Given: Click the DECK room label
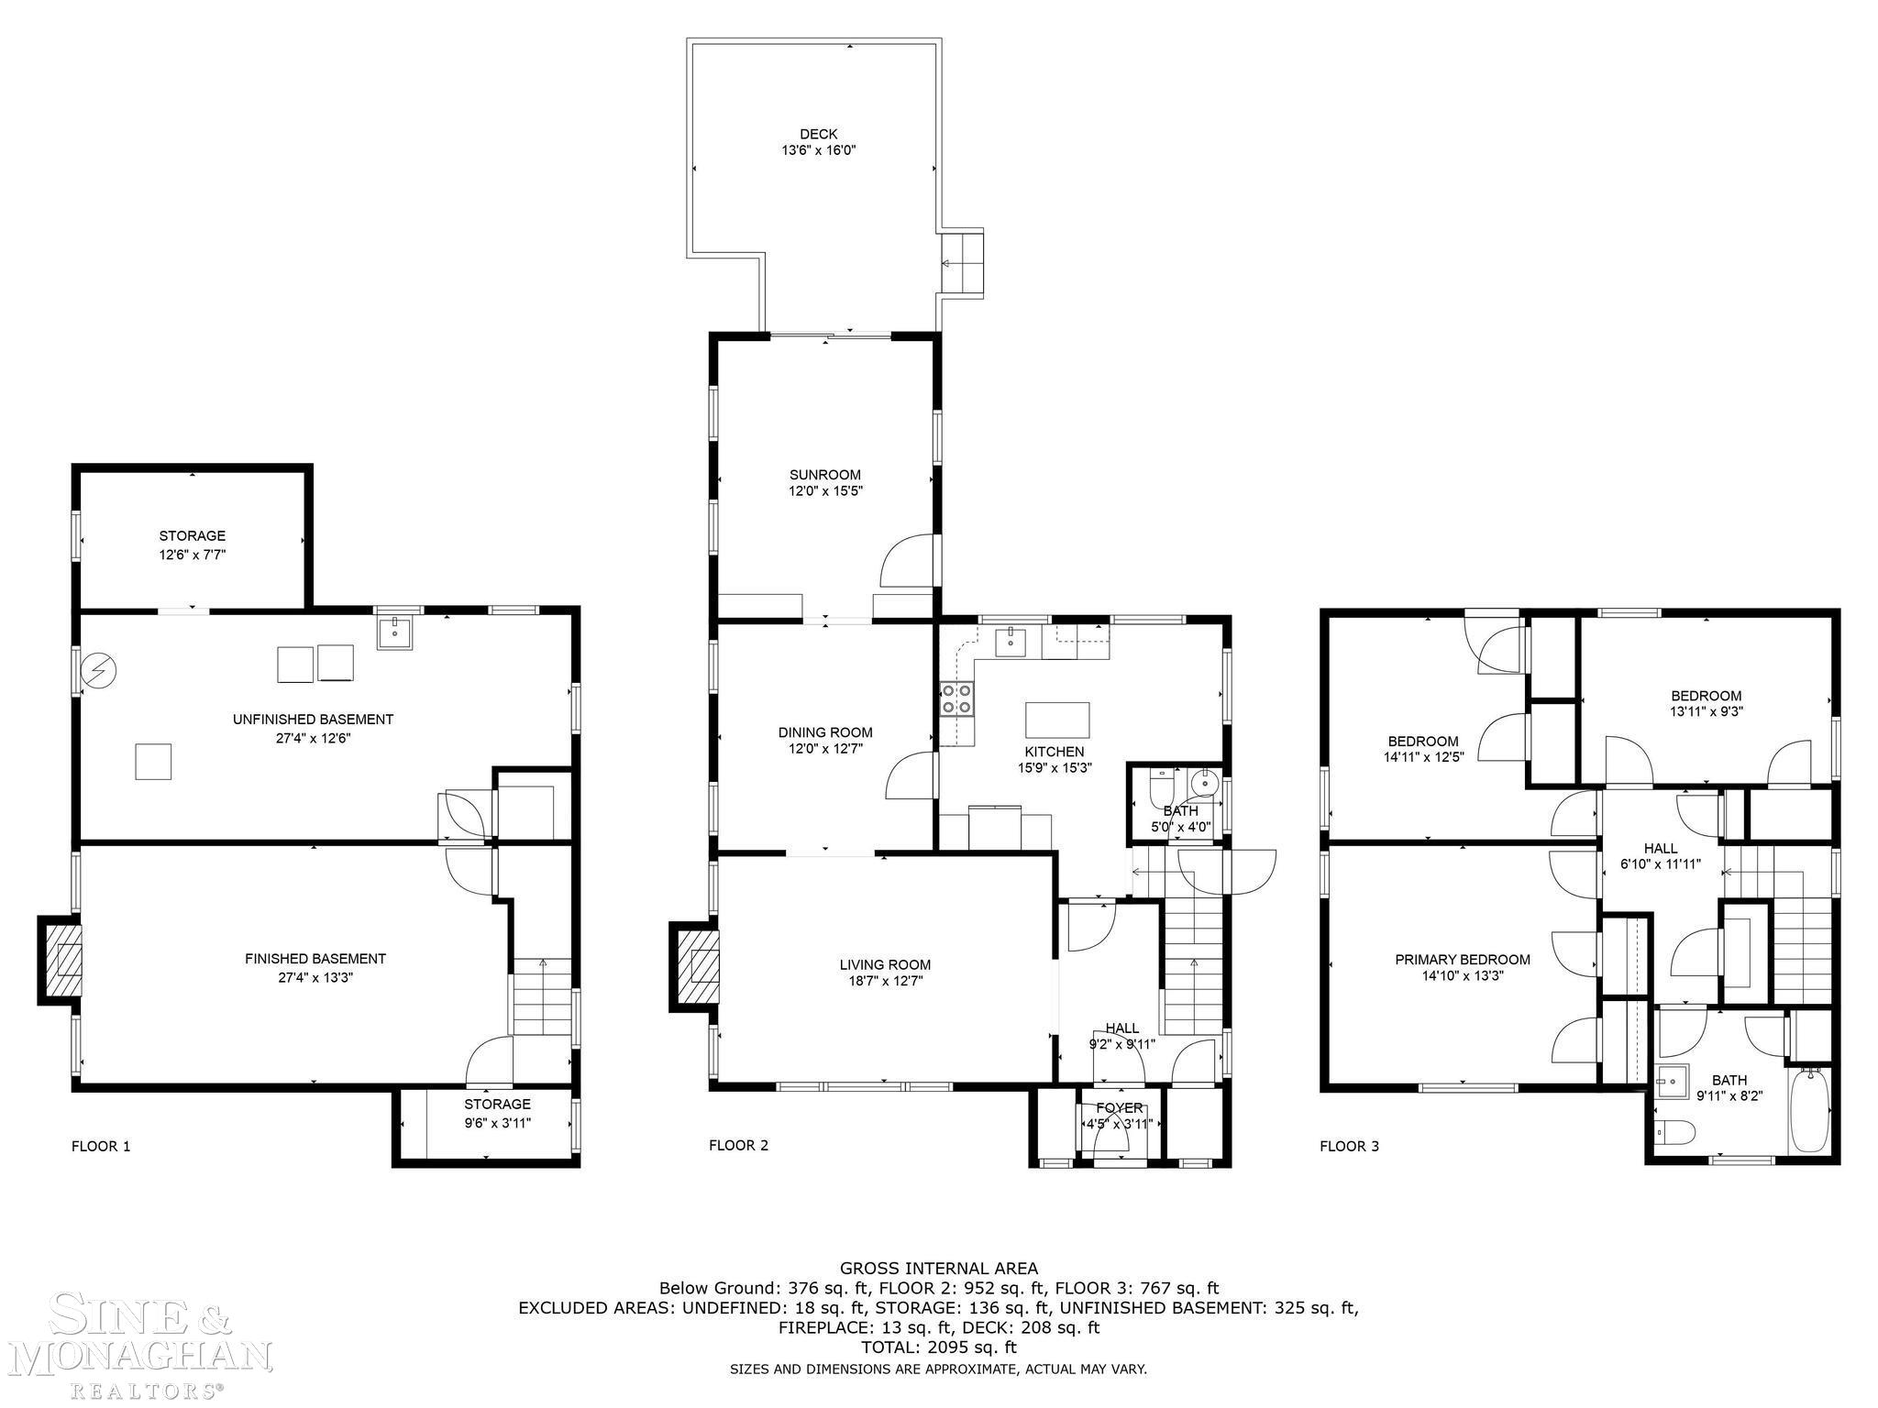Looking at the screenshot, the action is (818, 134).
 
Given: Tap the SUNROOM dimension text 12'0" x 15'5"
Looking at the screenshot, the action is (825, 491).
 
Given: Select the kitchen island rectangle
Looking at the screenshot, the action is (1057, 720).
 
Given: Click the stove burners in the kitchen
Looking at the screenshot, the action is (956, 698).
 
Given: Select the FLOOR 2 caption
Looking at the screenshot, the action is (738, 1145).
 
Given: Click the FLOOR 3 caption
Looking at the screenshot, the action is (1349, 1146).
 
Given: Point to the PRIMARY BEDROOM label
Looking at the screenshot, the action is (1463, 960).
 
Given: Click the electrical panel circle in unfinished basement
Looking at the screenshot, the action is (95, 672).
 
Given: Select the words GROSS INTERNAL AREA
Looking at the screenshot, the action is (939, 1269).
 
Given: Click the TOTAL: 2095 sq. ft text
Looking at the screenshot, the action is (939, 1347).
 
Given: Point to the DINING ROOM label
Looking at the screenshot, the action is (825, 732).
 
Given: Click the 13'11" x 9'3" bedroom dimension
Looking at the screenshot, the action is (1706, 710).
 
